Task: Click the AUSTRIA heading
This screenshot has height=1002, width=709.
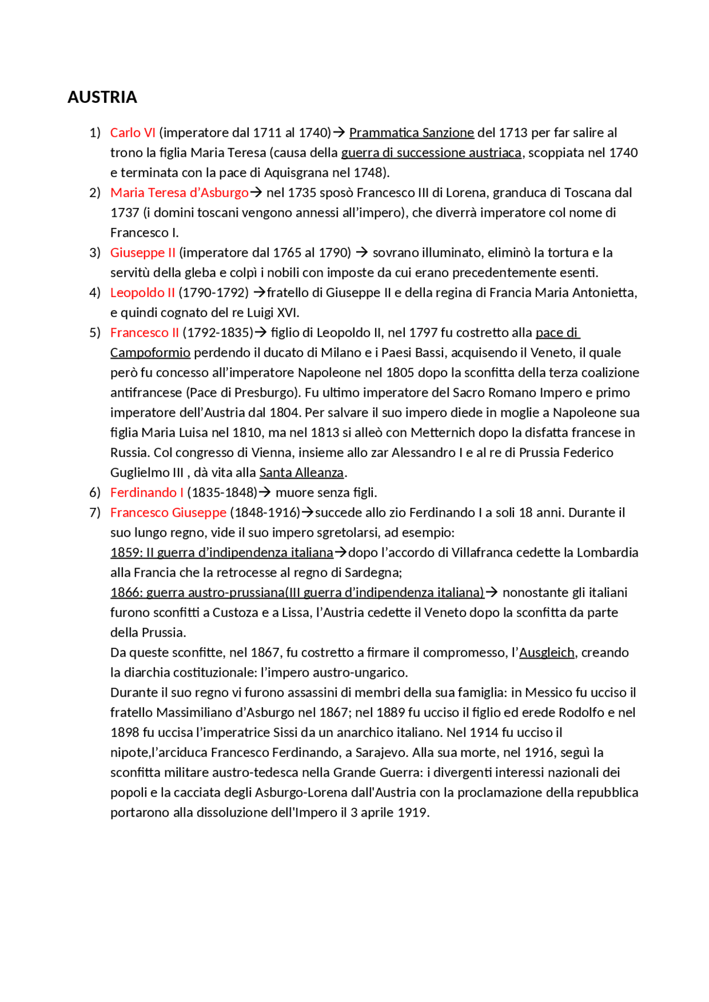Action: [102, 97]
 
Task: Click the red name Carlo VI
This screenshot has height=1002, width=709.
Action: [132, 133]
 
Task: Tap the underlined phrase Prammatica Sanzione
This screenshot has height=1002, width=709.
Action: [411, 133]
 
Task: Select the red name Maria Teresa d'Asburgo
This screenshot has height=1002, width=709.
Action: [179, 193]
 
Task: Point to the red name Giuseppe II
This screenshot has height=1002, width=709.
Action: [142, 253]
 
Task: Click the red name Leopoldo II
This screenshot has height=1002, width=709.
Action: [142, 293]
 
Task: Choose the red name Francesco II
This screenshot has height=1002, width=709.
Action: [144, 333]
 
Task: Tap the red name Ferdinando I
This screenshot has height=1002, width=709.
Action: [147, 492]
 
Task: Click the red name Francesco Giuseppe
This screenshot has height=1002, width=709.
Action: [168, 512]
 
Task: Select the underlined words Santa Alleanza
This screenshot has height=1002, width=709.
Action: [301, 473]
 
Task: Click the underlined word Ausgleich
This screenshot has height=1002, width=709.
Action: [546, 652]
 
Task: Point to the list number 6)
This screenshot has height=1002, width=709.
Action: [95, 492]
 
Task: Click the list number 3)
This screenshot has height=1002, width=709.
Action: [95, 253]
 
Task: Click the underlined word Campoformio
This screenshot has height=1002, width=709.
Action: [150, 352]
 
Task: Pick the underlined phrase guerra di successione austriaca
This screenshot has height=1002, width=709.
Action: [431, 153]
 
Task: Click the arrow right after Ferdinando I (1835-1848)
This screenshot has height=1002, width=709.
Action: [265, 492]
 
